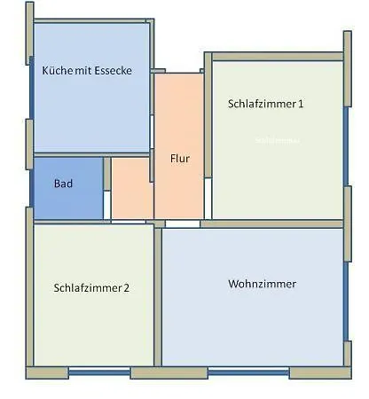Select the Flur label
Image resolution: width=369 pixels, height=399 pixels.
coord(180,160)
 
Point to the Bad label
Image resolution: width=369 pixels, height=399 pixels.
coord(63,184)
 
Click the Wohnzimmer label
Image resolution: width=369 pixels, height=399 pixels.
coord(262,285)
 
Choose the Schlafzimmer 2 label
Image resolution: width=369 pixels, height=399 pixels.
coord(91,287)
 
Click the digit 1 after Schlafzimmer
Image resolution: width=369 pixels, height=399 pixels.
coord(301,104)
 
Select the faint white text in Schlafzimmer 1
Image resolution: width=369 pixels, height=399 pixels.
coord(277,140)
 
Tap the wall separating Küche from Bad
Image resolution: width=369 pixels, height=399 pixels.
coord(89,155)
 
